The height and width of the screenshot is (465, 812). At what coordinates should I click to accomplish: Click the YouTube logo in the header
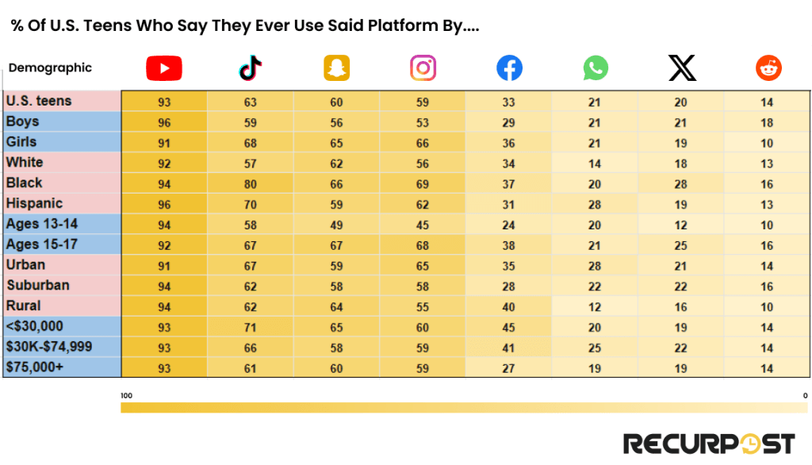pyautogui.click(x=164, y=69)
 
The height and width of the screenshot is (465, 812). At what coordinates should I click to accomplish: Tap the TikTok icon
pyautogui.click(x=251, y=69)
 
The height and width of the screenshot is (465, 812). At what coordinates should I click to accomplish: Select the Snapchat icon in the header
pyautogui.click(x=336, y=69)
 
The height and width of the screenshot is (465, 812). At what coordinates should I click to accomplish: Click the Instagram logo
pyautogui.click(x=423, y=69)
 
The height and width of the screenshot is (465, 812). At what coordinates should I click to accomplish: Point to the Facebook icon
pyautogui.click(x=509, y=69)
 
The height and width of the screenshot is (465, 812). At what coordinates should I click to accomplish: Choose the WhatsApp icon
pyautogui.click(x=595, y=69)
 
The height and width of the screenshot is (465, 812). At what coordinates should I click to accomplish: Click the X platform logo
pyautogui.click(x=682, y=69)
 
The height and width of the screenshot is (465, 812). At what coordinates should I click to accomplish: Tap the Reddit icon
pyautogui.click(x=768, y=69)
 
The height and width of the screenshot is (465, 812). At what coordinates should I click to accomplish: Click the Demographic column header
pyautogui.click(x=50, y=68)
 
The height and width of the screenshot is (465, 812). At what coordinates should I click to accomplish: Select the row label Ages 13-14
pyautogui.click(x=42, y=224)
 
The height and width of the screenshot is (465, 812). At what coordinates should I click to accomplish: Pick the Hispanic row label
pyautogui.click(x=34, y=203)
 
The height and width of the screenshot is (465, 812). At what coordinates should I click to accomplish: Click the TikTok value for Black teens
pyautogui.click(x=251, y=183)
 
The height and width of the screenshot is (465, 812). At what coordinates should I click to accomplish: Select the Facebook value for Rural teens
pyautogui.click(x=508, y=306)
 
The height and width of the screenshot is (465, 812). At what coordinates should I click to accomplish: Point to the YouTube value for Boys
pyautogui.click(x=164, y=122)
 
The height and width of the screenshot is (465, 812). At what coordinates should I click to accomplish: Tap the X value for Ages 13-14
pyautogui.click(x=681, y=225)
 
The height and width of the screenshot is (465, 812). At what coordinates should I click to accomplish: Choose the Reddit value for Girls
pyautogui.click(x=767, y=143)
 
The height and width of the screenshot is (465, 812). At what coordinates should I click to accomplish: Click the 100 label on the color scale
pyautogui.click(x=125, y=394)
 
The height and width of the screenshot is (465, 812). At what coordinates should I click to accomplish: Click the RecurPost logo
pyautogui.click(x=709, y=443)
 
